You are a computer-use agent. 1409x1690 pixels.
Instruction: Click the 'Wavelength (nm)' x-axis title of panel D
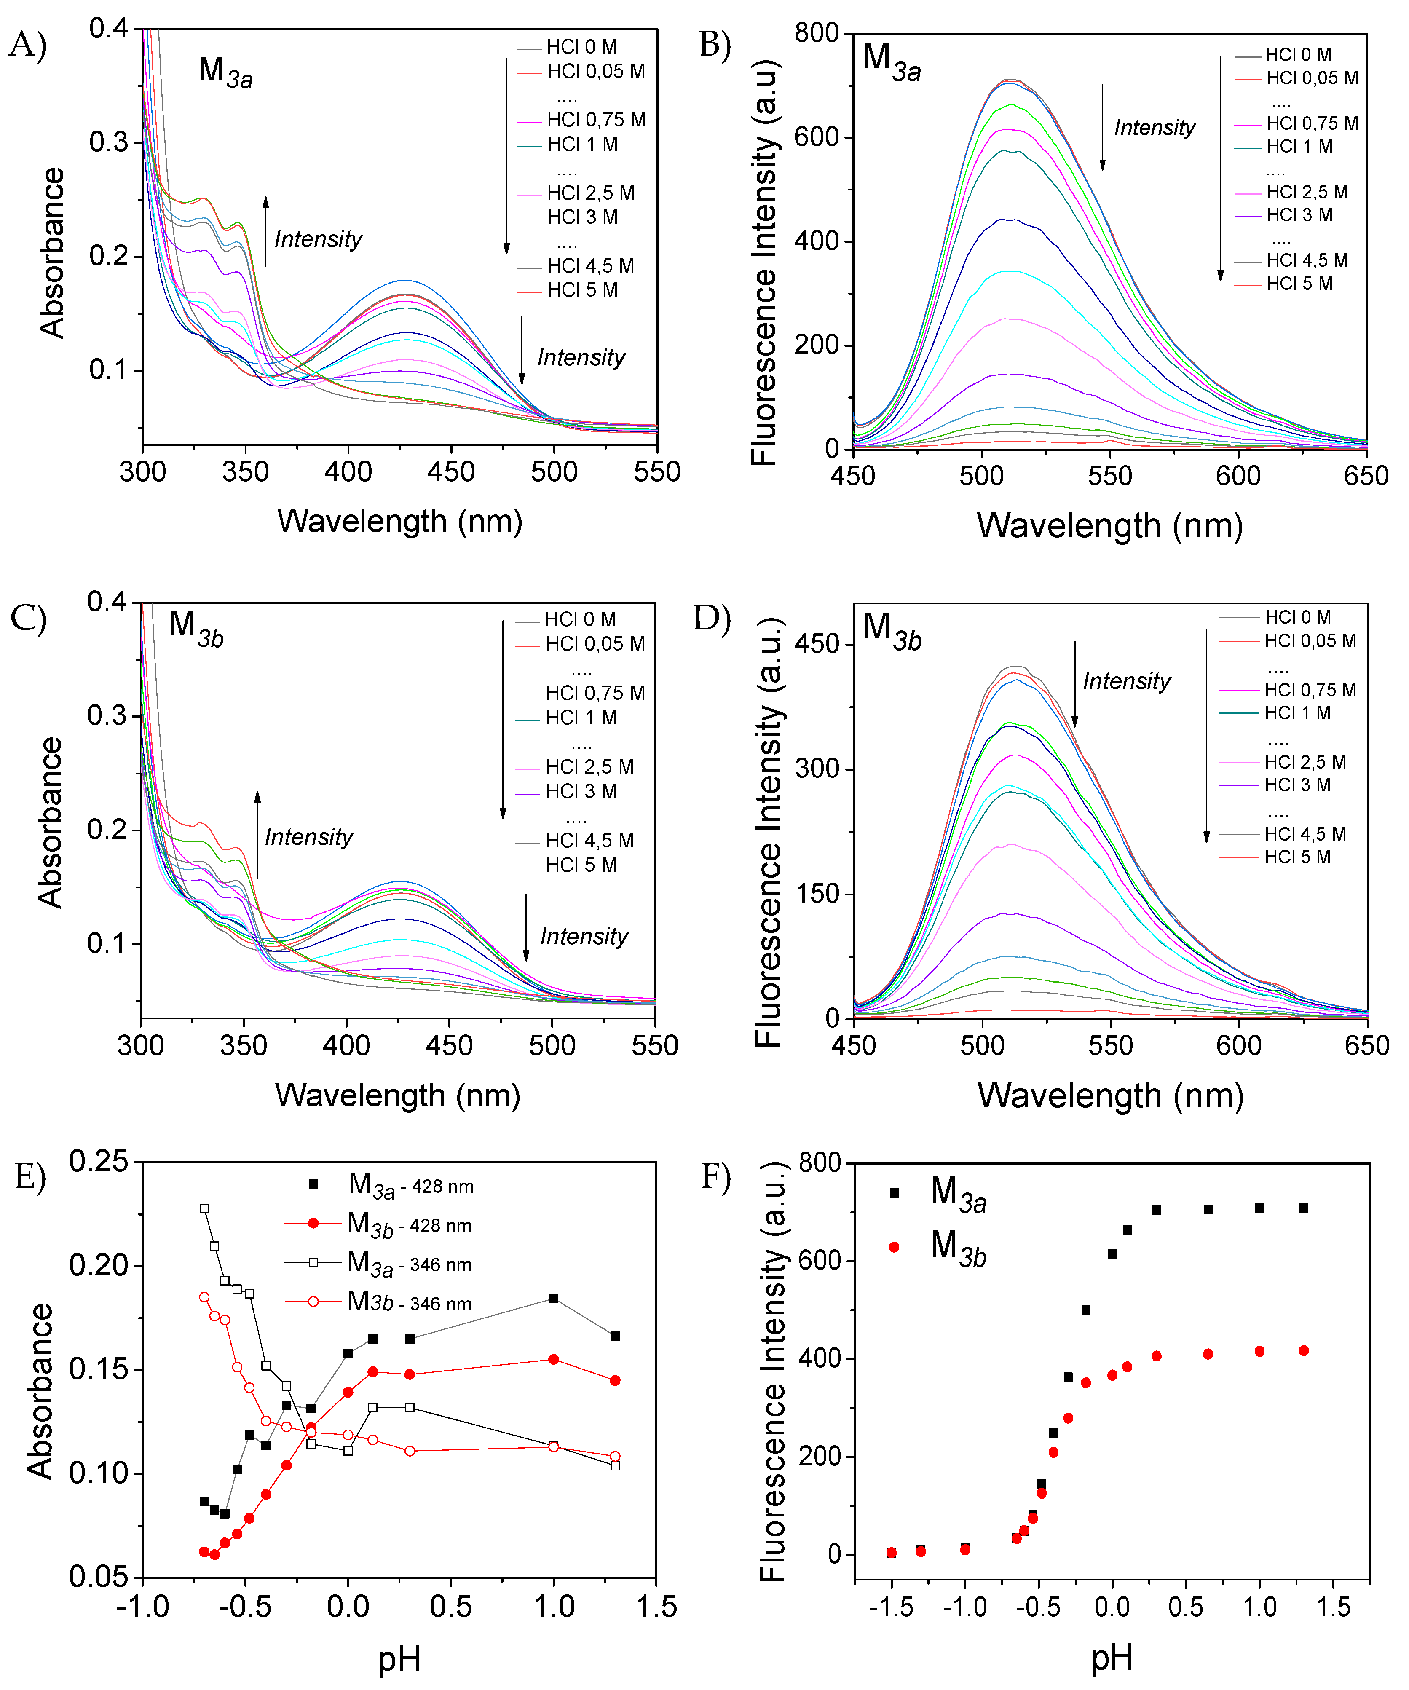1110,1096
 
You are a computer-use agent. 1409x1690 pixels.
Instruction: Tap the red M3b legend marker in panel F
894,1247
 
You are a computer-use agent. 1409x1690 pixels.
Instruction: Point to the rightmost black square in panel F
1304,1208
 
